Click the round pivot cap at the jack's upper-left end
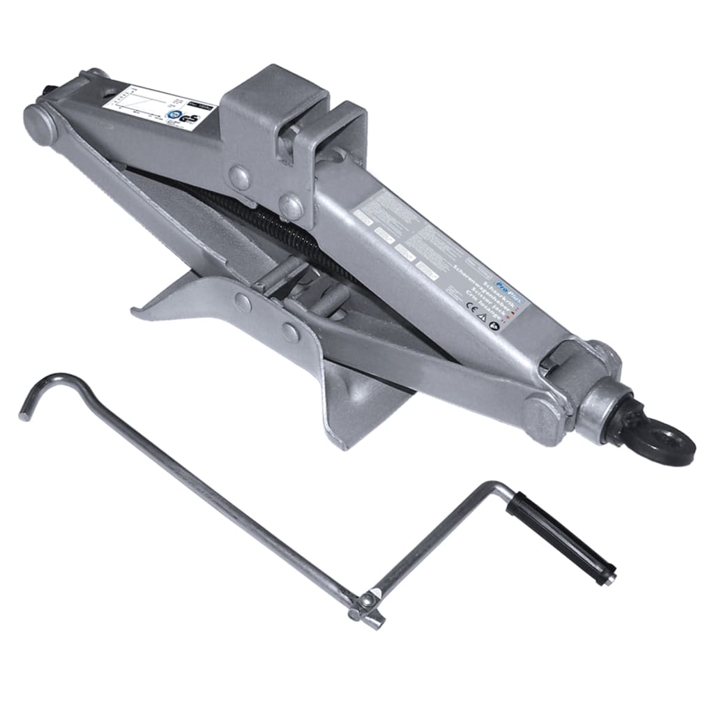[x=40, y=123]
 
